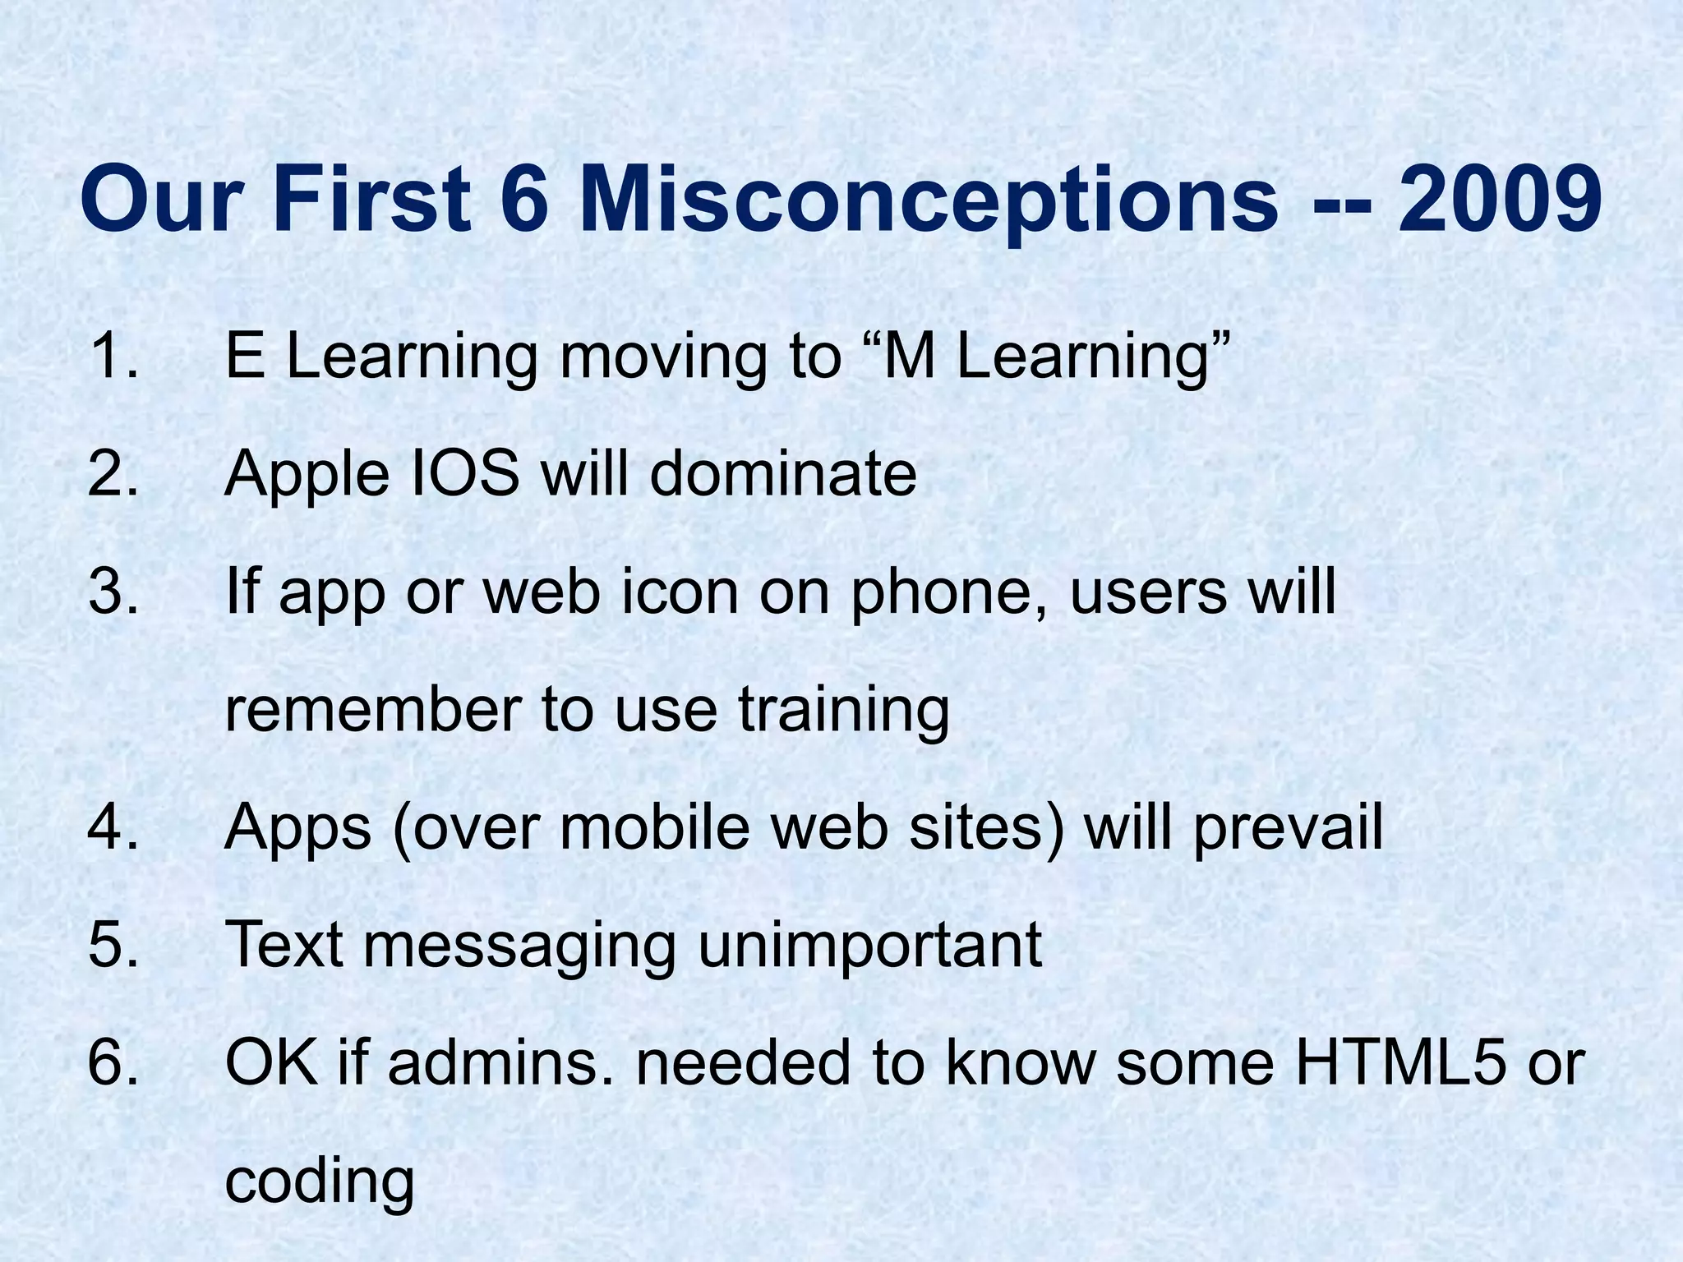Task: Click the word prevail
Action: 1288,828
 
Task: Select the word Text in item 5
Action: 284,945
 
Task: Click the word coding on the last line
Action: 319,1183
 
